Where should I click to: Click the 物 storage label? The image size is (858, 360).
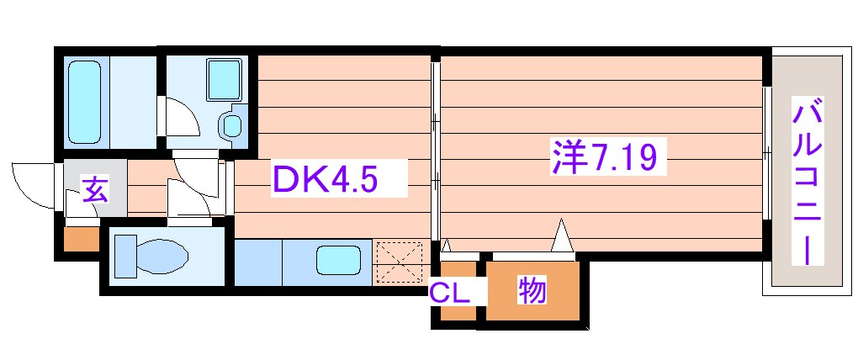click(532, 290)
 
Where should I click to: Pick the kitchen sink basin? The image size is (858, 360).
click(338, 260)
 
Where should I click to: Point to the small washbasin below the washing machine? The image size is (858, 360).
click(230, 126)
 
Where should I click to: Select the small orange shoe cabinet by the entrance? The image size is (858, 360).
click(82, 239)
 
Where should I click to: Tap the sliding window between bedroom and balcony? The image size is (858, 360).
click(766, 152)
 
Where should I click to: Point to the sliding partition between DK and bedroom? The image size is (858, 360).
click(435, 151)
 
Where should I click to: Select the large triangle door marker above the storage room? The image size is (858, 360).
click(562, 236)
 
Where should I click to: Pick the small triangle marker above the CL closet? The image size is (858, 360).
click(447, 246)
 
